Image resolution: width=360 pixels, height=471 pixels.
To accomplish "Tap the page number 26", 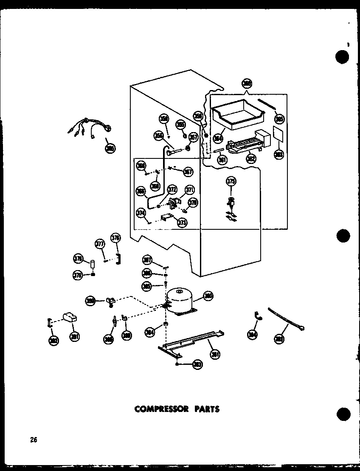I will tap(34, 440).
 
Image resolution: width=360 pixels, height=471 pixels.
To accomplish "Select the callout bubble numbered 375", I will tap(231, 182).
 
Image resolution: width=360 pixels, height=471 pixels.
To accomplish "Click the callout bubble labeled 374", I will tap(140, 213).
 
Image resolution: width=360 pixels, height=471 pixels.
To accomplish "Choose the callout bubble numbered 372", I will tap(172, 189).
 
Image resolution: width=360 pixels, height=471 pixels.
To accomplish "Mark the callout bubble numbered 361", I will tap(221, 160).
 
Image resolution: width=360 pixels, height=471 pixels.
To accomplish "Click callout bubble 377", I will tap(100, 244).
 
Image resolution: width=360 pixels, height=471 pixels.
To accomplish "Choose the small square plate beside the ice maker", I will tap(278, 134).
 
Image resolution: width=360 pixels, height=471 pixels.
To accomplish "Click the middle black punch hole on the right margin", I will tap(342, 235).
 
